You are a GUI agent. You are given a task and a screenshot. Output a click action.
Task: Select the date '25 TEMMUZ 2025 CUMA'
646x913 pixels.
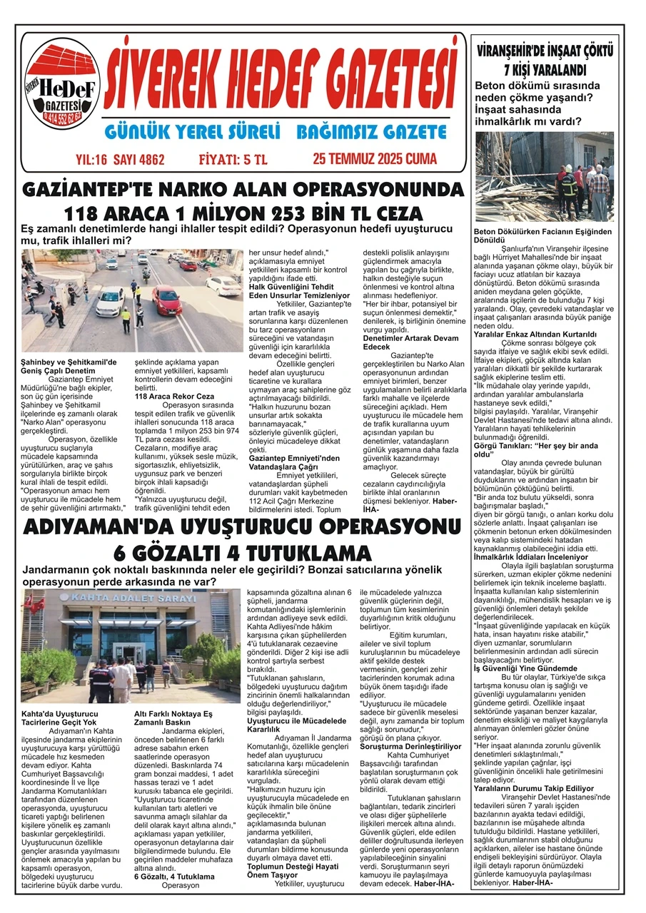coord(374,158)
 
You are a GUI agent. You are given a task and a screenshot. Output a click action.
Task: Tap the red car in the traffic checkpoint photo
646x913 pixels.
coord(166,300)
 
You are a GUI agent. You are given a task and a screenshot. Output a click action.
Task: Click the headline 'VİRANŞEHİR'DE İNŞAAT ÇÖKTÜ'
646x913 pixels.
coord(544,51)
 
